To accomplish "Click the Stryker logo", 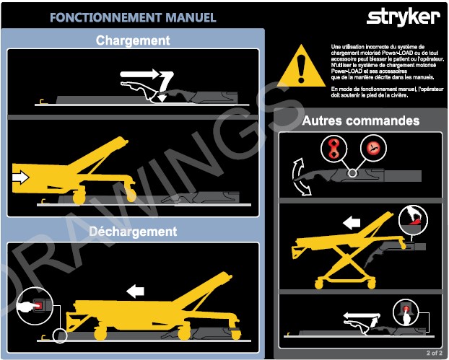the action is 404,17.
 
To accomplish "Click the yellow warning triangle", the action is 301,66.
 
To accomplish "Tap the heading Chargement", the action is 133,40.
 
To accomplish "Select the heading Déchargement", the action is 133,232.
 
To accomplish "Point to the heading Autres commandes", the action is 361,120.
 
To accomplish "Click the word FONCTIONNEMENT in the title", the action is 105,17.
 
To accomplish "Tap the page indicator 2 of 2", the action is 434,353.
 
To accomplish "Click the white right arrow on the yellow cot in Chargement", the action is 21,177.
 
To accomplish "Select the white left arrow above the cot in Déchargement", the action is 135,291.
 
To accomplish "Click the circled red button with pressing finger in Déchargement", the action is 35,306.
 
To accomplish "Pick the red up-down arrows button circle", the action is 334,149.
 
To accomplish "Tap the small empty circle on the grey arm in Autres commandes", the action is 352,173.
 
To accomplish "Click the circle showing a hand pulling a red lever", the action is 413,220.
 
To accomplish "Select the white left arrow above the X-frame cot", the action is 352,223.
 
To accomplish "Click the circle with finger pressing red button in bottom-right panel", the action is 406,312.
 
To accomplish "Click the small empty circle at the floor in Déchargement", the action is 60,335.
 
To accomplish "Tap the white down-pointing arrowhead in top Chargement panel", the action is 162,98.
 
